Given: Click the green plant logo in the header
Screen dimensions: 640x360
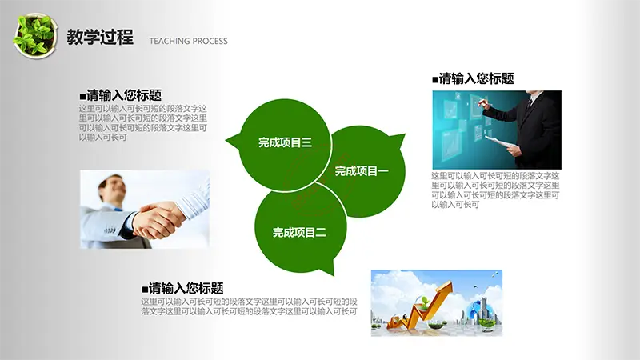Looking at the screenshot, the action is point(34,36).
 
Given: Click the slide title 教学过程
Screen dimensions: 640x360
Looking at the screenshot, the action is point(100,37).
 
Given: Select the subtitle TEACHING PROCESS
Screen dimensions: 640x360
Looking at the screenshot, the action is point(188,41).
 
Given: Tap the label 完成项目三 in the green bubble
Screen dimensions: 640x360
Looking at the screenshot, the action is point(285,142).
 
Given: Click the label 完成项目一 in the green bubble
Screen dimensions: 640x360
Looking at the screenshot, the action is point(362,170).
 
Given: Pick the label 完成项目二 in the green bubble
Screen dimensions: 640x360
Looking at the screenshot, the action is point(299,232).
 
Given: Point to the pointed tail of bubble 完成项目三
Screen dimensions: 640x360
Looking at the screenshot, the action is point(226,141).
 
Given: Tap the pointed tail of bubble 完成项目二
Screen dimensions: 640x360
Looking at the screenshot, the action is point(333,274).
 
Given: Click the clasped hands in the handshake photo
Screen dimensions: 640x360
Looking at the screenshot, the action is point(158,221).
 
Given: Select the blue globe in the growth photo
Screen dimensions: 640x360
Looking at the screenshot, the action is point(477,310).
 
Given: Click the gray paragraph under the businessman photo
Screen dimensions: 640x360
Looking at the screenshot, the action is point(495,190).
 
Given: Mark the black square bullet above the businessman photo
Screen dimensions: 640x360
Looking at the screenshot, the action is point(435,79).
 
